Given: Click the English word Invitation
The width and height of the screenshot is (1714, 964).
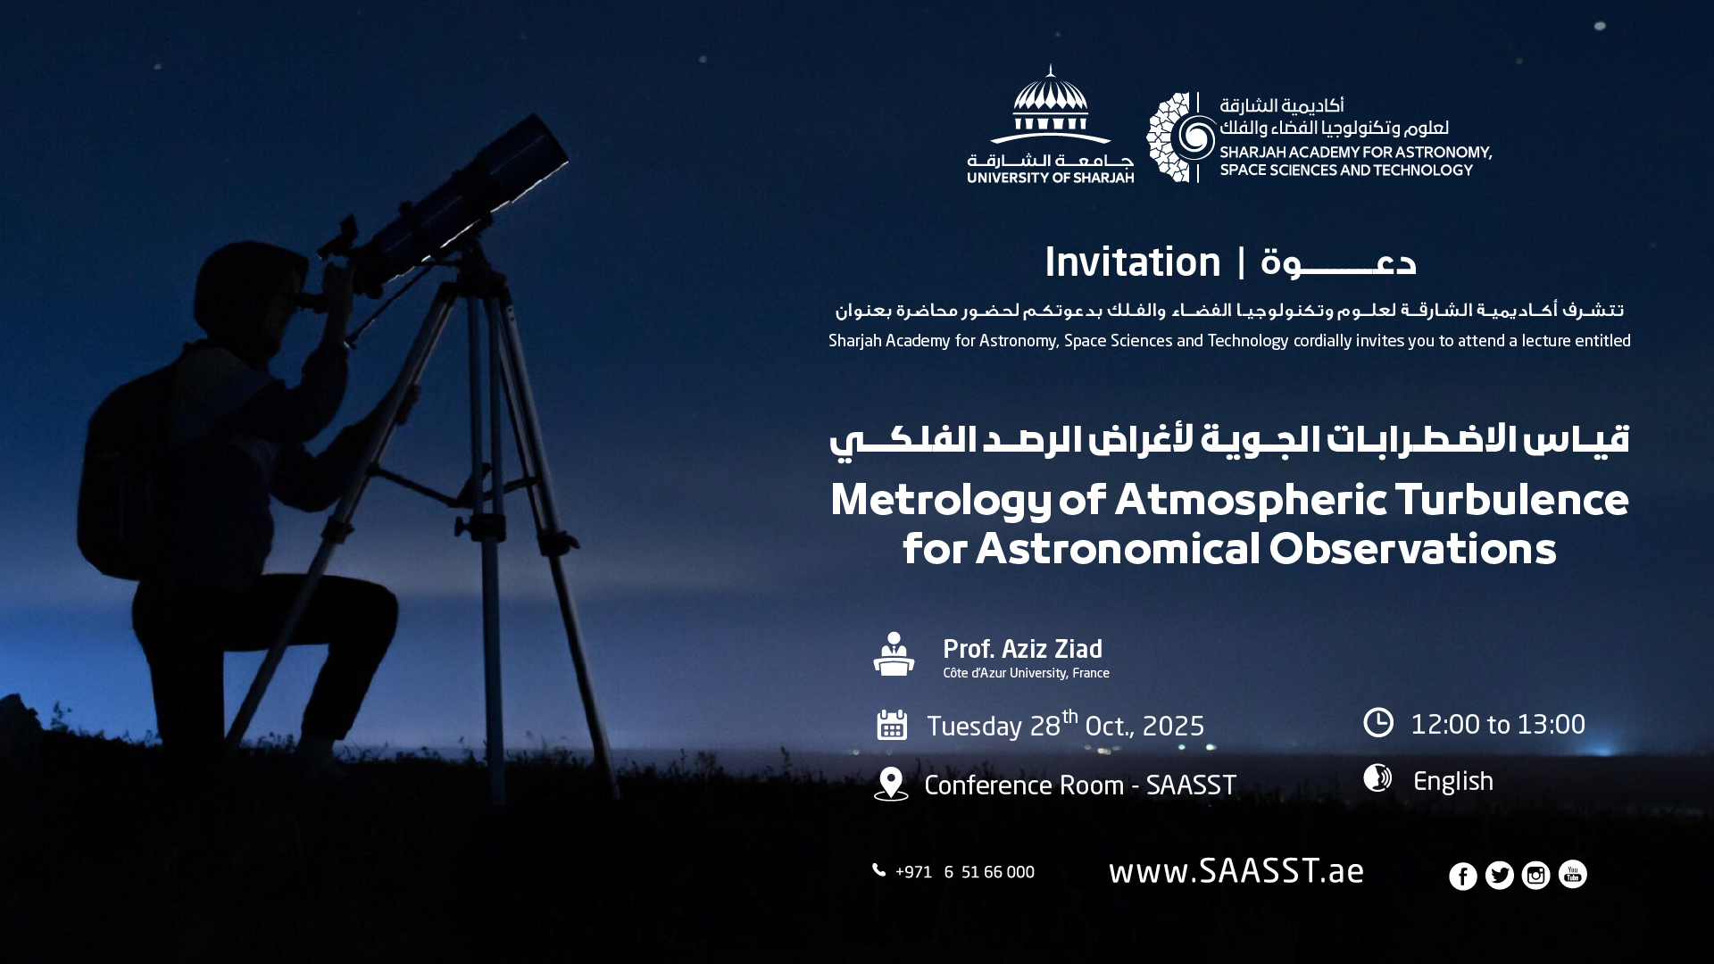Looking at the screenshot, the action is pos(1132,262).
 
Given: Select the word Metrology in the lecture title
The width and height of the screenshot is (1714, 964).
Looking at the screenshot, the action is pos(941,500).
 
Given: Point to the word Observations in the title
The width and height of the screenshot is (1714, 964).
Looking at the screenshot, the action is pos(1412,548).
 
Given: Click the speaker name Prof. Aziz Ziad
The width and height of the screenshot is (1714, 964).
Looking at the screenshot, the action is pos(1022,649).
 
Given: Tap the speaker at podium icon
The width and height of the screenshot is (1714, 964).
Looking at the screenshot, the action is pos(894,653).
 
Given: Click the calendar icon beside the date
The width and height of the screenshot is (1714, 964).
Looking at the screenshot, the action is pos(892,725).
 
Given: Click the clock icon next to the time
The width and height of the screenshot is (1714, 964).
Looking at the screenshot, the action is pos(1378,722).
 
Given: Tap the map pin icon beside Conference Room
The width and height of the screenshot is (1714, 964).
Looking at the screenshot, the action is pos(891,784).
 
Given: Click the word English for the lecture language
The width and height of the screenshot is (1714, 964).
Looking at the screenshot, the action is pos(1453,782).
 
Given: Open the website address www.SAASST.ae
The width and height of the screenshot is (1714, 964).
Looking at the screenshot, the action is pos(1236,871).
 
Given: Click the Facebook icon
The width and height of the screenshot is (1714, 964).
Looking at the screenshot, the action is pos(1462,876).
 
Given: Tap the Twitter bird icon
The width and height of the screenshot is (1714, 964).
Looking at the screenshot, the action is pos(1499,876).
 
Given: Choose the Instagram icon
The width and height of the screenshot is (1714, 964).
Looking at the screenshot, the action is pos(1535,876).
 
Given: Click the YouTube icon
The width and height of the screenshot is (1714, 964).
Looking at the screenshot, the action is pos(1572,874).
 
